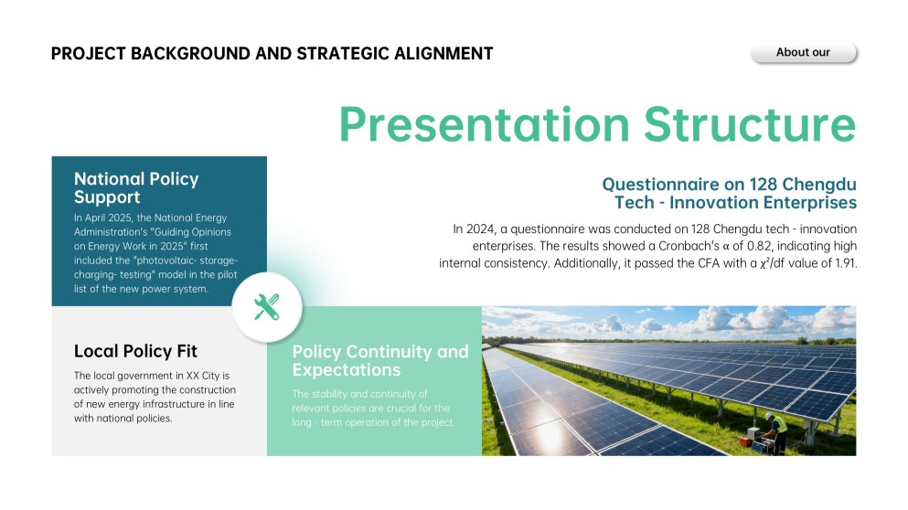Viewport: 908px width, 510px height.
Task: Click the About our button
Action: (803, 53)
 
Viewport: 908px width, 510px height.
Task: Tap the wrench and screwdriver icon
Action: (267, 307)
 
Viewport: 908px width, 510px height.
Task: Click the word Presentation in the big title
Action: (484, 124)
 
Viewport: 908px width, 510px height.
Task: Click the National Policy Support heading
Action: (136, 187)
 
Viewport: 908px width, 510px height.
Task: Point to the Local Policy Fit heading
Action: (135, 351)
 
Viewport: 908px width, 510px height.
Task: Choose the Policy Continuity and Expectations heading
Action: (380, 361)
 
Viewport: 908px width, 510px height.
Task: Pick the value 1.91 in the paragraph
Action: (840, 263)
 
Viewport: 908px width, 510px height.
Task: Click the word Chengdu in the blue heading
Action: (820, 183)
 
